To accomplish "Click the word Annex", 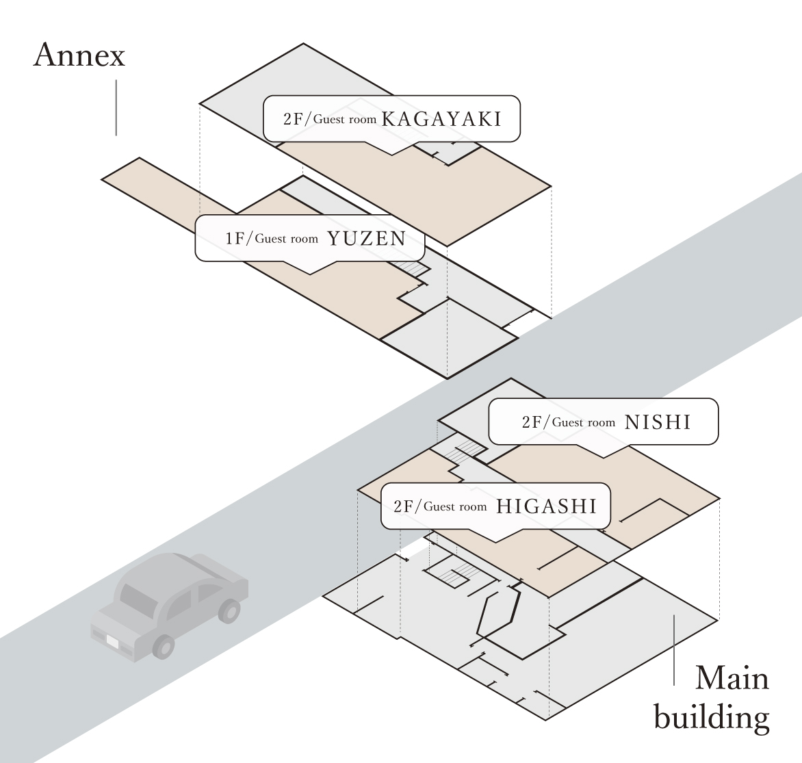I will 79,55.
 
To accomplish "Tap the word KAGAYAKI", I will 441,120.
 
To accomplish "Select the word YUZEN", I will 366,239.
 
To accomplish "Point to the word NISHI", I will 658,422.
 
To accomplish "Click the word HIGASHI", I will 546,506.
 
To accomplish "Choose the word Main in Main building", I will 732,679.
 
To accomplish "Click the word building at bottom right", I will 712,719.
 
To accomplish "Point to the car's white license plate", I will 112,643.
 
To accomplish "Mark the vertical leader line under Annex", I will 116,107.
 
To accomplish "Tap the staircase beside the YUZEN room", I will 409,268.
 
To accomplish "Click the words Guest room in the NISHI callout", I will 584,423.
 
